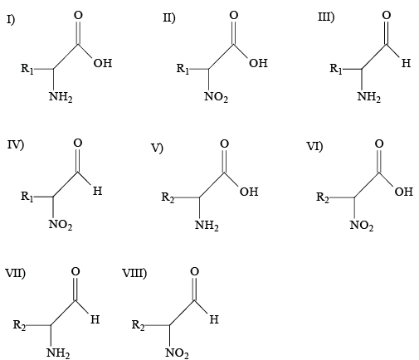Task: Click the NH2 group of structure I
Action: point(61,97)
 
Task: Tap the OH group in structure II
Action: point(258,63)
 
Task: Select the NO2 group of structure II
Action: point(216,97)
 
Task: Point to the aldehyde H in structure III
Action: point(406,63)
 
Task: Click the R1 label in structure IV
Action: point(27,197)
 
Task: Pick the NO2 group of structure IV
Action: point(61,225)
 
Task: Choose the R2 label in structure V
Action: point(168,197)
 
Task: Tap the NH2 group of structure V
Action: point(207,226)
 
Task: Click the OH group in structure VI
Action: point(404,192)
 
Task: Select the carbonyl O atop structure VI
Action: point(379,144)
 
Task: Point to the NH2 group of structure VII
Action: point(58,353)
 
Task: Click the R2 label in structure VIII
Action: point(138,325)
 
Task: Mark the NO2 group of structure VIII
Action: point(177,353)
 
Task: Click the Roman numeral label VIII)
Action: point(134,273)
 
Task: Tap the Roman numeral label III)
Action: point(326,17)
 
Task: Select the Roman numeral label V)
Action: point(157,148)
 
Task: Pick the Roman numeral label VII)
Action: point(16,273)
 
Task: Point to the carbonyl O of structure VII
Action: point(76,271)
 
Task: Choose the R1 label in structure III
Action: point(336,69)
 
